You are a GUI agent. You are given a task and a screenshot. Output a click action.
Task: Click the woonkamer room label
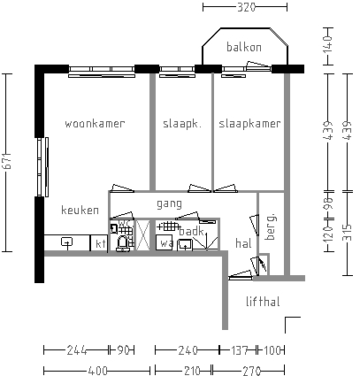[95, 124]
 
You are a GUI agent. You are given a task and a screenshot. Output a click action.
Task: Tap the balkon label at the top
[243, 47]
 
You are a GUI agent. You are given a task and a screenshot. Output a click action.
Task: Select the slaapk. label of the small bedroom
[182, 124]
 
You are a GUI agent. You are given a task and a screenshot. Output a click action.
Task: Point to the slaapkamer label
[250, 124]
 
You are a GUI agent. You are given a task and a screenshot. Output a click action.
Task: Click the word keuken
[79, 211]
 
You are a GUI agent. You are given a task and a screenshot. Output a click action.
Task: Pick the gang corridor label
[169, 203]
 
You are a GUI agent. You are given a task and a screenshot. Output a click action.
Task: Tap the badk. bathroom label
[191, 232]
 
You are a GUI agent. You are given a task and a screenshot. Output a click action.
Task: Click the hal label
[244, 242]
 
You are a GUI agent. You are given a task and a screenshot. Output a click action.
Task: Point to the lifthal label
[263, 302]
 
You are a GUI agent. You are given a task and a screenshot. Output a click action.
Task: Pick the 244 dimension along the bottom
[75, 350]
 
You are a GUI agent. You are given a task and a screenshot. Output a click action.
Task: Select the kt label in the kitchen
[101, 242]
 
